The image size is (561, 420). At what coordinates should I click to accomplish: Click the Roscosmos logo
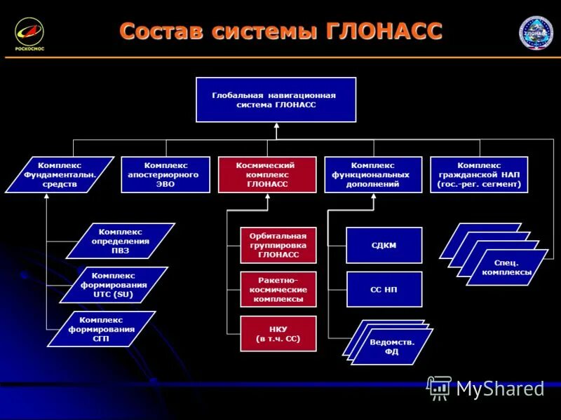tap(29, 33)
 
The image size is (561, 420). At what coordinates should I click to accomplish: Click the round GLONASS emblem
tap(536, 32)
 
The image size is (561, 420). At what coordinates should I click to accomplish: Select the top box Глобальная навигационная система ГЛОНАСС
tap(276, 99)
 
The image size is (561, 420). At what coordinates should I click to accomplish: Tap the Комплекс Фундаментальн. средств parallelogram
tap(60, 174)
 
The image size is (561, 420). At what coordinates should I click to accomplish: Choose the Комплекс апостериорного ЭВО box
tap(165, 174)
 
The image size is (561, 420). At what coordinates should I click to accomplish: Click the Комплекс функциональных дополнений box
tap(373, 174)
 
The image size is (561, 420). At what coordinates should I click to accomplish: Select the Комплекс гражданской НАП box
tap(479, 174)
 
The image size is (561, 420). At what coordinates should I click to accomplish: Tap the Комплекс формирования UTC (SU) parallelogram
tap(114, 285)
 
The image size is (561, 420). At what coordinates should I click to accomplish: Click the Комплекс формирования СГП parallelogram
tap(102, 329)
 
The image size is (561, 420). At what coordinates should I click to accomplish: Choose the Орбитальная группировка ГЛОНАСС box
tap(278, 245)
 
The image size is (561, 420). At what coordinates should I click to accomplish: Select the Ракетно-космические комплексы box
tap(278, 289)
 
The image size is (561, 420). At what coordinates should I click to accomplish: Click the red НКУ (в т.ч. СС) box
tap(278, 333)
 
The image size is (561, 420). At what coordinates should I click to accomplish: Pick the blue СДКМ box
tap(384, 245)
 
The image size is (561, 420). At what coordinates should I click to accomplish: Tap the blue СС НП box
tap(384, 289)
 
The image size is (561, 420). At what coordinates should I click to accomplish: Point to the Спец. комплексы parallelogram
tap(508, 267)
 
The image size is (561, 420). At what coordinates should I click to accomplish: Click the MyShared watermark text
tap(499, 389)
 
